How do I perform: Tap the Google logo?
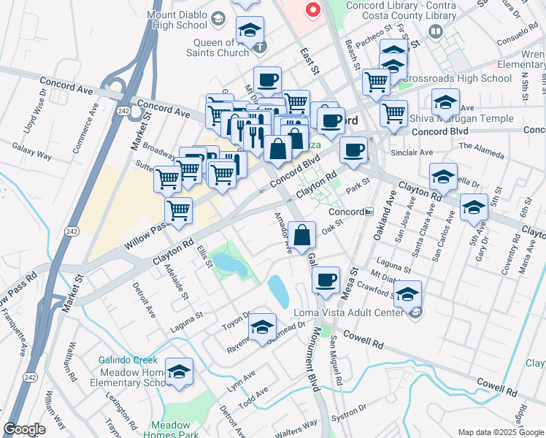(24, 430)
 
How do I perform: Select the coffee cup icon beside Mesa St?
(326, 278)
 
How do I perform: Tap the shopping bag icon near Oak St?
(302, 235)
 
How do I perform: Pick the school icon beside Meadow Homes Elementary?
(179, 372)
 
